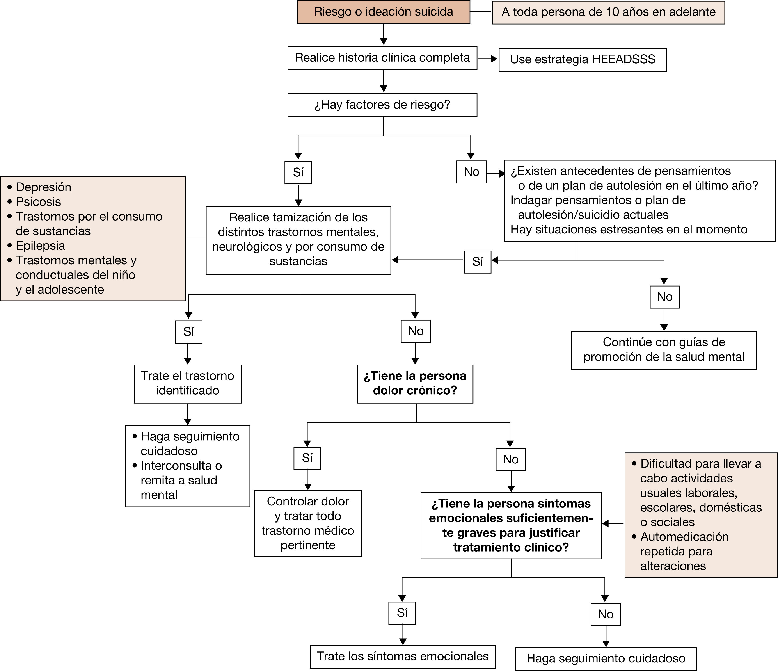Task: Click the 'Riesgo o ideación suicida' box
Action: pyautogui.click(x=383, y=12)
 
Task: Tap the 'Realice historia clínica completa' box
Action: pyautogui.click(x=382, y=58)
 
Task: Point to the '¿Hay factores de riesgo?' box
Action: pyautogui.click(x=382, y=105)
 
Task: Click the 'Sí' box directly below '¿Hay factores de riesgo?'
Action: pyautogui.click(x=298, y=172)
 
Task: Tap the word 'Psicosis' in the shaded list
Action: pyautogui.click(x=38, y=202)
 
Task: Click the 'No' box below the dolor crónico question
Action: pyautogui.click(x=511, y=459)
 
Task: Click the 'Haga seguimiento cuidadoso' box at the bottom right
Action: pyautogui.click(x=606, y=658)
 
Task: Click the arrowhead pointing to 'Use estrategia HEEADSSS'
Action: pyautogui.click(x=494, y=59)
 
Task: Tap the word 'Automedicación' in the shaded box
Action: pyautogui.click(x=684, y=537)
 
